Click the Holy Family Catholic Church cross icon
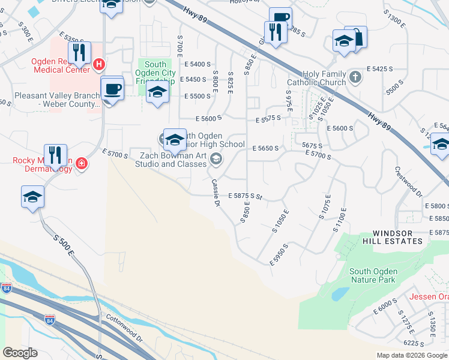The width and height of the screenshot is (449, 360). pyautogui.click(x=355, y=76)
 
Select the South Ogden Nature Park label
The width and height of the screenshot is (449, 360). pyautogui.click(x=373, y=275)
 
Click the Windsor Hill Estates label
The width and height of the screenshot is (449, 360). pyautogui.click(x=397, y=237)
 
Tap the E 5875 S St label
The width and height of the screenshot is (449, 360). pyautogui.click(x=246, y=196)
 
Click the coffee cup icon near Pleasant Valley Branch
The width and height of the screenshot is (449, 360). pyautogui.click(x=113, y=89)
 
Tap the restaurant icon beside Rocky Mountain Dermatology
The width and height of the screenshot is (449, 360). pyautogui.click(x=55, y=155)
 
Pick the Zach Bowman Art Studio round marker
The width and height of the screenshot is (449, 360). pyautogui.click(x=216, y=159)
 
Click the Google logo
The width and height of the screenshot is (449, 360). pyautogui.click(x=20, y=353)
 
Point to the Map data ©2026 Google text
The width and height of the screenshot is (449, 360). pyautogui.click(x=412, y=355)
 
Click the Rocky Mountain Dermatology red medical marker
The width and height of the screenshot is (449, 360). pyautogui.click(x=80, y=164)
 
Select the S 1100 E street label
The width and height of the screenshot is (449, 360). pyautogui.click(x=341, y=220)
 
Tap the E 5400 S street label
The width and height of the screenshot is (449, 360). pyautogui.click(x=199, y=64)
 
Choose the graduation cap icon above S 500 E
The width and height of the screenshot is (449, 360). pyautogui.click(x=33, y=197)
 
